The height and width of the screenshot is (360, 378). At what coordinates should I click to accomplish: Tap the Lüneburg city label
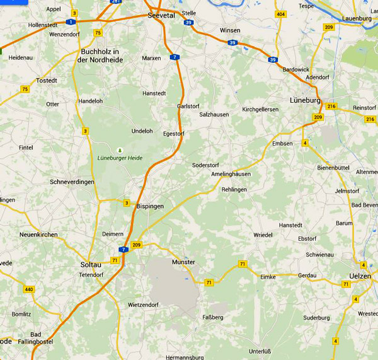tap(305, 100)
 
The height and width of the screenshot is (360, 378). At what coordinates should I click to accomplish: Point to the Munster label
tap(183, 262)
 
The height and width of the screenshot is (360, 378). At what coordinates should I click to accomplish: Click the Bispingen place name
tap(151, 206)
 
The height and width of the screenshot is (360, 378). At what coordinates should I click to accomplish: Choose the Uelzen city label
tap(360, 276)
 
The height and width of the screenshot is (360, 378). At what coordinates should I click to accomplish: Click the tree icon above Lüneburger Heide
tap(119, 149)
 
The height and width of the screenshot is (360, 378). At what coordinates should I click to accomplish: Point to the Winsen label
tap(230, 30)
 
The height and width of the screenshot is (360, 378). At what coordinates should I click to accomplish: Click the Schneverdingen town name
tap(72, 182)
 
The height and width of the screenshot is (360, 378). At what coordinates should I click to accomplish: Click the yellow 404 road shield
tap(281, 14)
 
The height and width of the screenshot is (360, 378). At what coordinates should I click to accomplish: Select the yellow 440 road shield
tap(29, 290)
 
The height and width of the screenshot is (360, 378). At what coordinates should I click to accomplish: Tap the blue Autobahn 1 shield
tap(71, 21)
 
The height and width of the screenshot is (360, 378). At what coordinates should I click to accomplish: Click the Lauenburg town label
tap(357, 19)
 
